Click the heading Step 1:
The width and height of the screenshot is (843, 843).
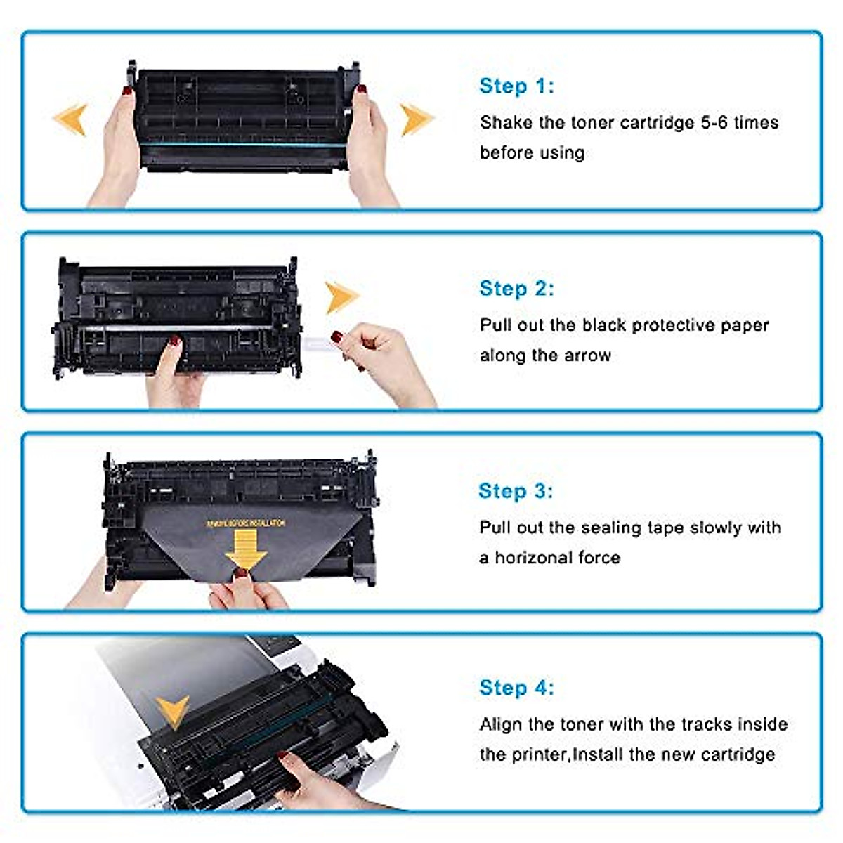(516, 86)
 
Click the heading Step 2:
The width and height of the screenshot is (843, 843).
(516, 289)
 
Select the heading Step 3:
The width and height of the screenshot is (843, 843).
(516, 491)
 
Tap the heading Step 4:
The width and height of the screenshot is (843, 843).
(516, 688)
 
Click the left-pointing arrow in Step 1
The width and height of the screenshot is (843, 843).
(71, 119)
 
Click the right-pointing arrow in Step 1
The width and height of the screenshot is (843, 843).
(416, 119)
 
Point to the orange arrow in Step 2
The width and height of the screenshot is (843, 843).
(341, 296)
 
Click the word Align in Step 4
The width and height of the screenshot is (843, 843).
(501, 724)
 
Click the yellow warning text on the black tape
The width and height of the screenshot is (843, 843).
(246, 523)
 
